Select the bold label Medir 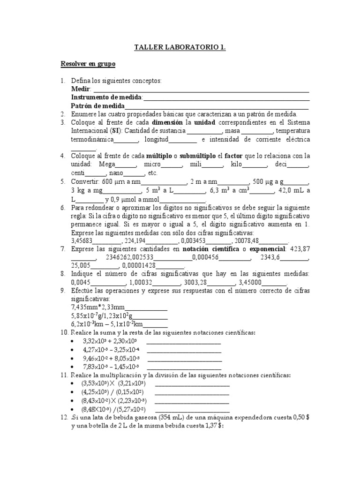81,89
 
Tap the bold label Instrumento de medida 106,97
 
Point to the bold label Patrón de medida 97,105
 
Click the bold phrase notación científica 209,249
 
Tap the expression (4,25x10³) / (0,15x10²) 112,392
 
